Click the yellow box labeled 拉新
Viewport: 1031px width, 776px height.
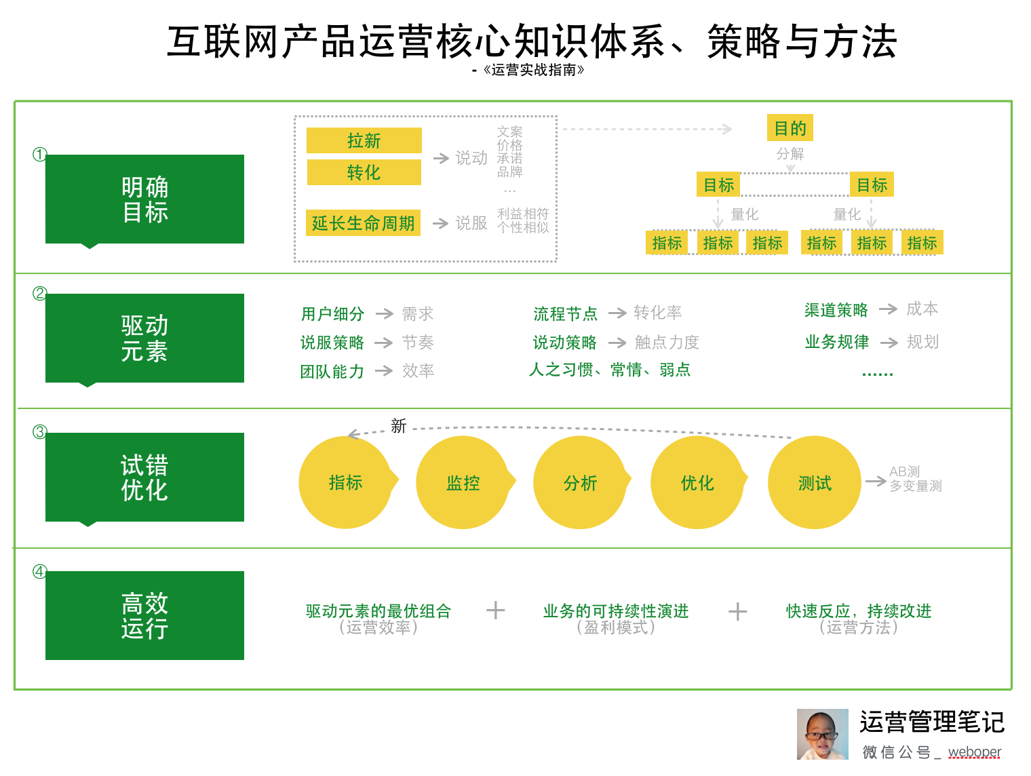coord(364,140)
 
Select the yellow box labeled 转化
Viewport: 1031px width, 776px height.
coord(364,172)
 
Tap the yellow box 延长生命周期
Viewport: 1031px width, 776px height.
coord(363,223)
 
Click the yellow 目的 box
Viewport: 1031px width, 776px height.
coord(790,128)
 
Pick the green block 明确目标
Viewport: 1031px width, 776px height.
coord(144,199)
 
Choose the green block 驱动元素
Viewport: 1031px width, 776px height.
coord(144,338)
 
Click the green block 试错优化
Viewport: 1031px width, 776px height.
coord(144,477)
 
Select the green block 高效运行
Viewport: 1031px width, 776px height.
coord(144,615)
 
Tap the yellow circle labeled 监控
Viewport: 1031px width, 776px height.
coord(463,483)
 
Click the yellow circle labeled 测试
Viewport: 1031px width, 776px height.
coord(814,483)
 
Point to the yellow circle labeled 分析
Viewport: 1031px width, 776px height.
coord(580,483)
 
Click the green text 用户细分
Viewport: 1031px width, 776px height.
coord(332,314)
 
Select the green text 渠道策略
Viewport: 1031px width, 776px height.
coord(836,310)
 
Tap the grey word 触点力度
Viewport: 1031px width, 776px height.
coord(667,343)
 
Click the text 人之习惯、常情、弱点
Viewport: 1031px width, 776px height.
coord(610,370)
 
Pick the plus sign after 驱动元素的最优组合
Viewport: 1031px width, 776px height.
coord(496,610)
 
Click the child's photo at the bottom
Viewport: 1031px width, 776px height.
coord(822,735)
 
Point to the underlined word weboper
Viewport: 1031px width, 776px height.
coord(974,752)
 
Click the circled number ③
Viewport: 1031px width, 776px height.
coord(40,432)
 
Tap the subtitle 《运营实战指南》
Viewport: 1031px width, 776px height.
coord(533,70)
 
